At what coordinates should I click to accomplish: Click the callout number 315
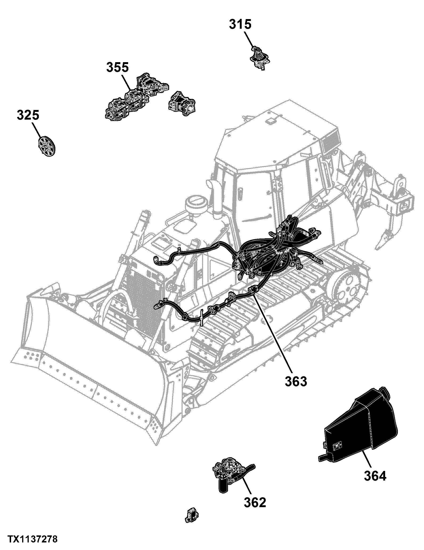[x=240, y=25]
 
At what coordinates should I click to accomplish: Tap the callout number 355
[x=117, y=68]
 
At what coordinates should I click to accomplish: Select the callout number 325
[x=28, y=115]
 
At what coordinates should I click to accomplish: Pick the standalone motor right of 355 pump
[x=182, y=104]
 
